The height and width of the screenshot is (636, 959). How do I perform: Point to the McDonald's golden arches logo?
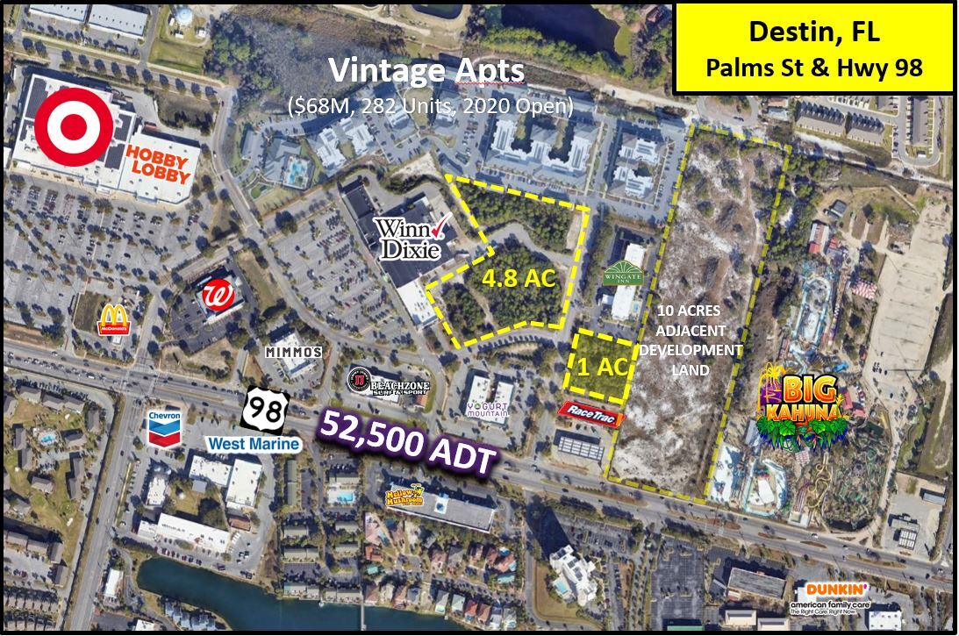114,318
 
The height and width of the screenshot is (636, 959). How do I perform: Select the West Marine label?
254,444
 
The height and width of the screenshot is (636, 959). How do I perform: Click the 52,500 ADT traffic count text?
406,443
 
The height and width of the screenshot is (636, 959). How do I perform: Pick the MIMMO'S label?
294,351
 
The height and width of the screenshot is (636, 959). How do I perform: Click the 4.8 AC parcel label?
519,279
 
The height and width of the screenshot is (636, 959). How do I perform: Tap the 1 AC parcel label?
603,368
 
